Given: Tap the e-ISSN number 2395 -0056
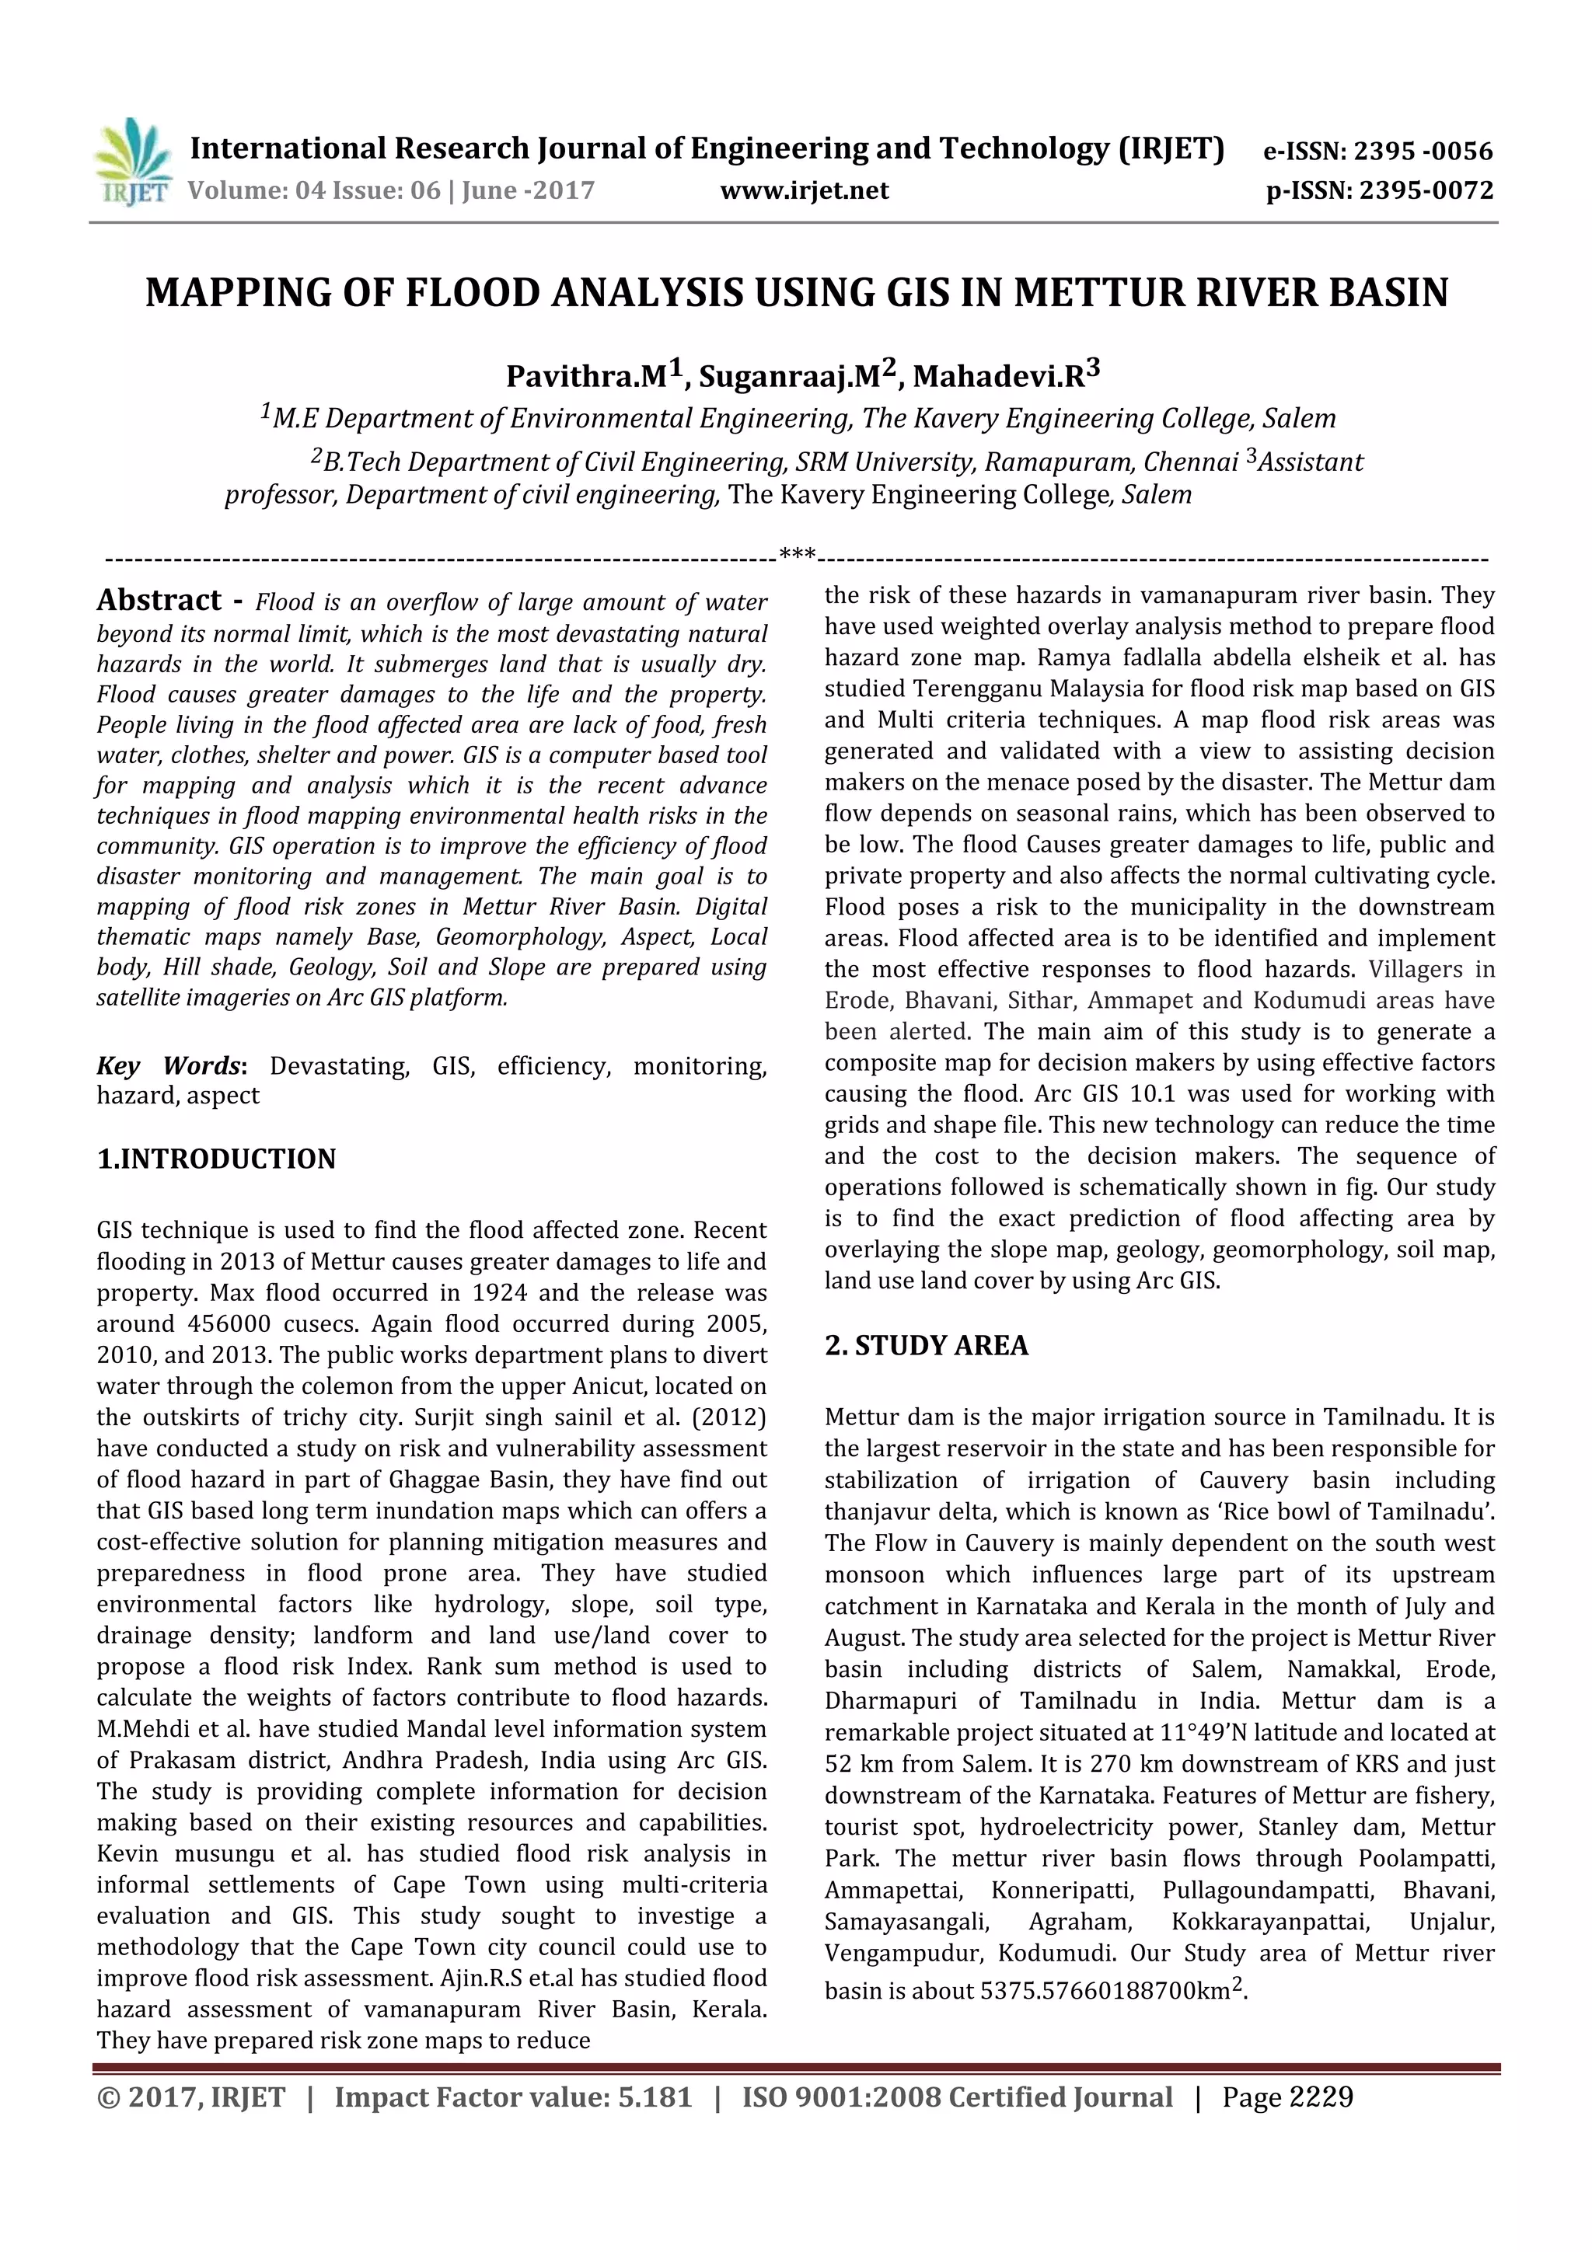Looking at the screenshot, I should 1423,151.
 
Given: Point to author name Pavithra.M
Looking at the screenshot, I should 585,377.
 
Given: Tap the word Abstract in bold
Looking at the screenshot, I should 159,600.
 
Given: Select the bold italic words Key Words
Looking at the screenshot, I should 168,1066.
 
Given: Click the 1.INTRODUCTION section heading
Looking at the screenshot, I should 216,1159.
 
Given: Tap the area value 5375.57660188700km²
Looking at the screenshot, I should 1112,1990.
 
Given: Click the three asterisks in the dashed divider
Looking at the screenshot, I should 798,554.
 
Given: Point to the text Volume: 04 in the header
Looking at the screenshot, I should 241,190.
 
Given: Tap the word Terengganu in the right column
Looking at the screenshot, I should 996,688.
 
